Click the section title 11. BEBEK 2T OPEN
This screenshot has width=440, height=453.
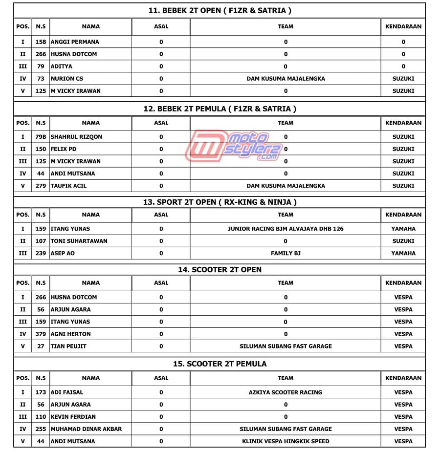(x=220, y=10)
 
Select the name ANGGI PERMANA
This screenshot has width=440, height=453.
(x=75, y=42)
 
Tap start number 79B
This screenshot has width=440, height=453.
(x=41, y=137)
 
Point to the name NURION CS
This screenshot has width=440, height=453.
(x=67, y=79)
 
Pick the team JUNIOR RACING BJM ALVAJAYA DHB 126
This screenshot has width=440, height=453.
(x=286, y=229)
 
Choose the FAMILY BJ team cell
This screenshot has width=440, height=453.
(x=286, y=253)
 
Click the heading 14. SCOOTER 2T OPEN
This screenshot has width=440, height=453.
(x=220, y=270)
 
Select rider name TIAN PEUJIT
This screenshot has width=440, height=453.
(x=68, y=346)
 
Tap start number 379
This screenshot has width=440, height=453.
(x=41, y=334)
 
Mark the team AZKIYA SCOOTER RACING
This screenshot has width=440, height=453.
(x=286, y=392)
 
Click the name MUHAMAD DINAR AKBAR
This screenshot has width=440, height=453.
(x=87, y=429)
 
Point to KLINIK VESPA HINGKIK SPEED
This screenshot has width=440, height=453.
(x=286, y=441)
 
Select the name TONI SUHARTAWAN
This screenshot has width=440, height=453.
(x=79, y=241)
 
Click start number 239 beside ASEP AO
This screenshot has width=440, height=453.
(x=41, y=253)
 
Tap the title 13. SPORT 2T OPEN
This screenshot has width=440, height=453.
(x=220, y=202)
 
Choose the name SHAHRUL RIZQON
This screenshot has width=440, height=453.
(x=77, y=137)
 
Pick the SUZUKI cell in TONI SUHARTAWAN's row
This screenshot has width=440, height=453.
(x=403, y=241)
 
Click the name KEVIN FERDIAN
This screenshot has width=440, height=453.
(x=73, y=417)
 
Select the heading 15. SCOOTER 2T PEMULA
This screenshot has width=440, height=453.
(x=220, y=364)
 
